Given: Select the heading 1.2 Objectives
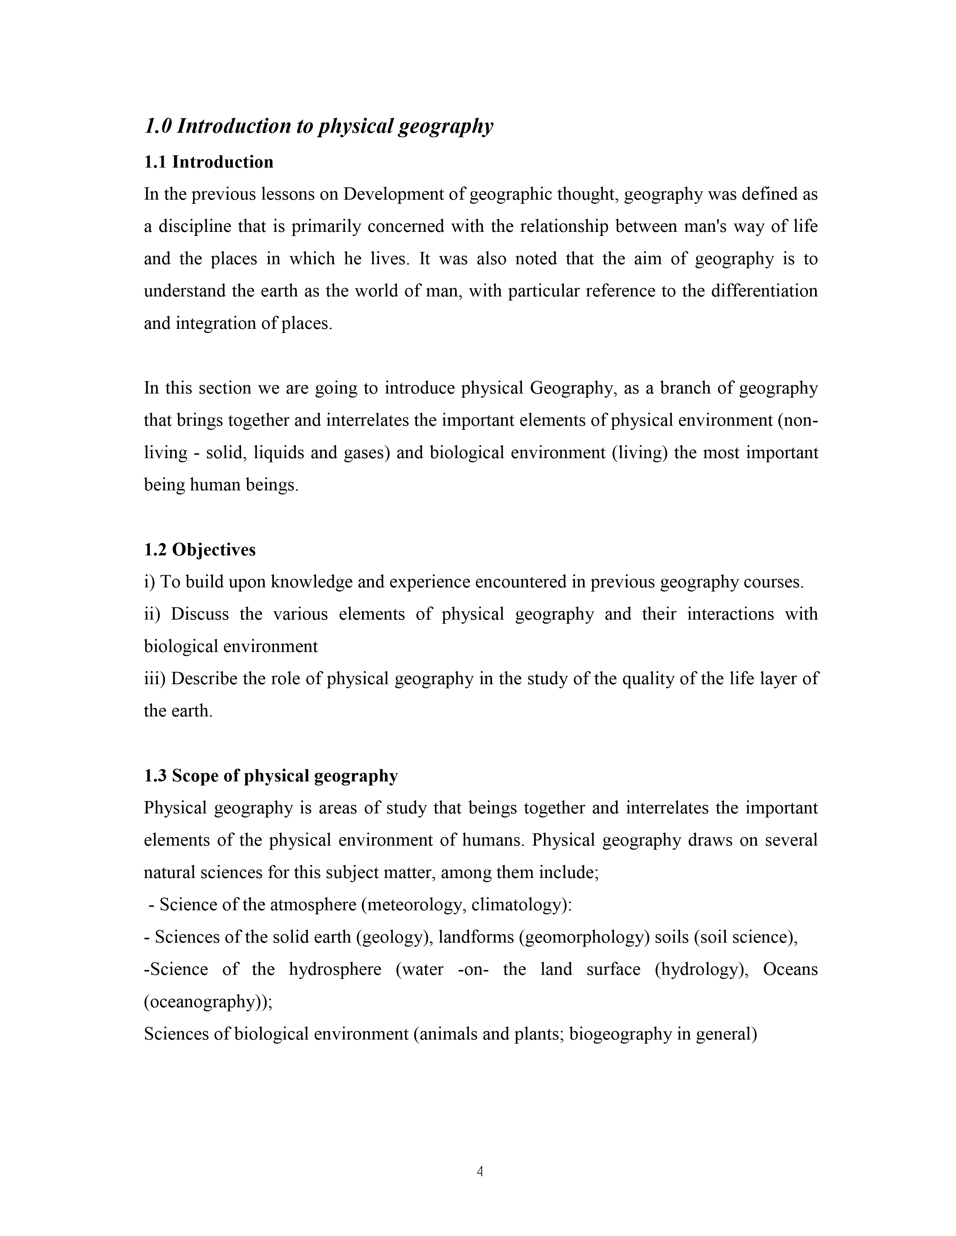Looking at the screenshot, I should (x=199, y=549).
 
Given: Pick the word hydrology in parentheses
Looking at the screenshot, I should (x=699, y=969).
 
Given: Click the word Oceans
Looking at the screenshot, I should (x=790, y=969).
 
